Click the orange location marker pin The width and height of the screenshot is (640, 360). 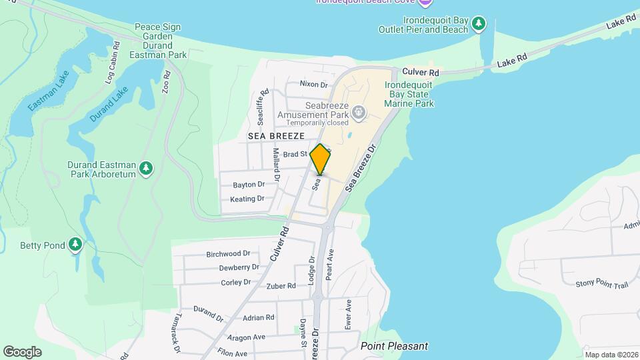321,159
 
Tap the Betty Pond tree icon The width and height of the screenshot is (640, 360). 75,245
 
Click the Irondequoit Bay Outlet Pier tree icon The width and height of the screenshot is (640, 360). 478,25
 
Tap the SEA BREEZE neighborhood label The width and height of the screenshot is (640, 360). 276,135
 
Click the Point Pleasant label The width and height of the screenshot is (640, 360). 394,346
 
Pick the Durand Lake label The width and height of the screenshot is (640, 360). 108,105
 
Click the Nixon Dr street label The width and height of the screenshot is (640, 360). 314,84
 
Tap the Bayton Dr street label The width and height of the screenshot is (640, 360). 249,184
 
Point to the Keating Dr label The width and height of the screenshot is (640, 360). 247,199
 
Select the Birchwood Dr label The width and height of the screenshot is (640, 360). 228,253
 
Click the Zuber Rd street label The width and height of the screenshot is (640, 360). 281,286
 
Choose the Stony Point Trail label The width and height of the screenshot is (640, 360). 601,285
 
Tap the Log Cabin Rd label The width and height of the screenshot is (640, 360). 111,63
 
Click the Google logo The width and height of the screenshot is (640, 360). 22,352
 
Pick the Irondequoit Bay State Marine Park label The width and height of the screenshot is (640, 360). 409,94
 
